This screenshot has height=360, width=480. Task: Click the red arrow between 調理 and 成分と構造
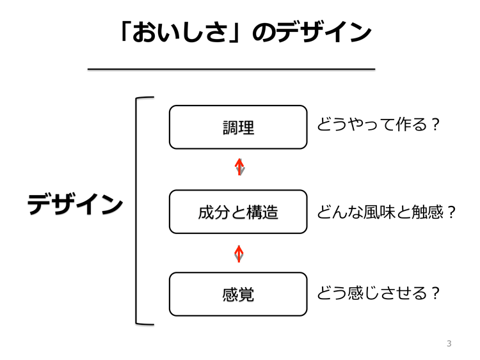pos(239,167)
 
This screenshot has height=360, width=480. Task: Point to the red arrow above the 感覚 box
pos(239,254)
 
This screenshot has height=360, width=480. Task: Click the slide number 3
pos(449,343)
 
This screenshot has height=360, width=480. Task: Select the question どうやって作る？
pos(379,125)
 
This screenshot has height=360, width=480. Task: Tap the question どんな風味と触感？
pos(387,212)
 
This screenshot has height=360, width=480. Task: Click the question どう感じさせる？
pos(379,293)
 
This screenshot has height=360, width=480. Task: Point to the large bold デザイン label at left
pos(76,205)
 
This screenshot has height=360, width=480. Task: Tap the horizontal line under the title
pos(232,70)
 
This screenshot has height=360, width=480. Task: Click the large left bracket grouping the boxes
pos(136,211)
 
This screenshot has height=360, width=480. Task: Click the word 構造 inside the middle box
pos(262,212)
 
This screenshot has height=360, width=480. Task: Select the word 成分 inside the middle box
pos(214,212)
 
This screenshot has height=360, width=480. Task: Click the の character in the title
pos(264,33)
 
